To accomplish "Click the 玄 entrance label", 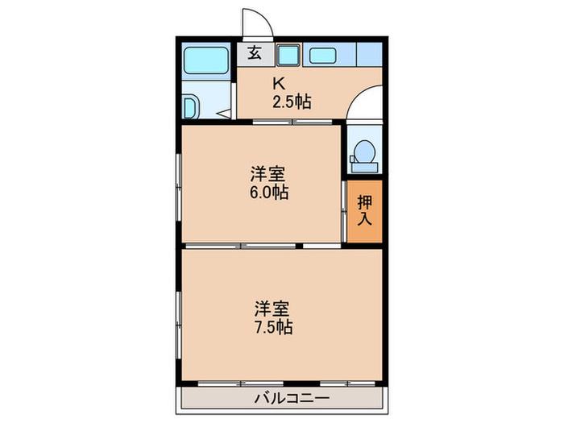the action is pyautogui.click(x=255, y=54).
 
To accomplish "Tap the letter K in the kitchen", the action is pyautogui.click(x=279, y=84).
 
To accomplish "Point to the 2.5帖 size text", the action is pyautogui.click(x=292, y=102).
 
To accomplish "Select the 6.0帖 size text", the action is pyautogui.click(x=269, y=193).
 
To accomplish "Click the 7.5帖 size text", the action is pyautogui.click(x=273, y=327).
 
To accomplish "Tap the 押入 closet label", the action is pyautogui.click(x=364, y=210).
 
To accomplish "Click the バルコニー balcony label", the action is pyautogui.click(x=292, y=398).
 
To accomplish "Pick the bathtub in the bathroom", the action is pyautogui.click(x=206, y=60).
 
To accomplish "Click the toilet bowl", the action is pyautogui.click(x=365, y=151).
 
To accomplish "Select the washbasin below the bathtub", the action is pyautogui.click(x=191, y=106).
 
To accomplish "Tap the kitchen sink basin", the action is pyautogui.click(x=322, y=56).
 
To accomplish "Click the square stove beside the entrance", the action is pyautogui.click(x=288, y=55).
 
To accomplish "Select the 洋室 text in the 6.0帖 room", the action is pyautogui.click(x=268, y=175).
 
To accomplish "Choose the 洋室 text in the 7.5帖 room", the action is pyautogui.click(x=272, y=309).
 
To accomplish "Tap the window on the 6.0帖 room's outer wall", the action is pyautogui.click(x=178, y=187).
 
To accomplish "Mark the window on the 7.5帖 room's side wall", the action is pyautogui.click(x=178, y=325).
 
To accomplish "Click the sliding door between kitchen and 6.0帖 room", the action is pyautogui.click(x=292, y=122).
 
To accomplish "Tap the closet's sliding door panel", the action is pyautogui.click(x=344, y=211).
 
